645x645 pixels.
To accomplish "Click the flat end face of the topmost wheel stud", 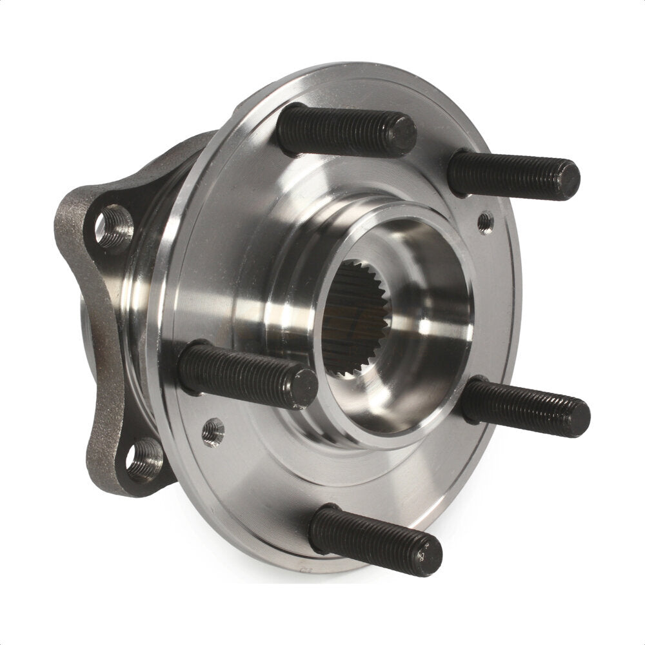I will point(402,135).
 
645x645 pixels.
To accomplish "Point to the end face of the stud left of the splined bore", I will point(303,388).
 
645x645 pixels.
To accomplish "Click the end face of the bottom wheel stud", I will point(427,553).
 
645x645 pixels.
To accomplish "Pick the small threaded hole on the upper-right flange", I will point(485,223).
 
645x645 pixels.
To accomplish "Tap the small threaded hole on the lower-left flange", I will point(212,432).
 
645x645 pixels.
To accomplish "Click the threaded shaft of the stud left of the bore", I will point(239,373).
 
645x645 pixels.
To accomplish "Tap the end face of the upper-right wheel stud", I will point(568,179).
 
